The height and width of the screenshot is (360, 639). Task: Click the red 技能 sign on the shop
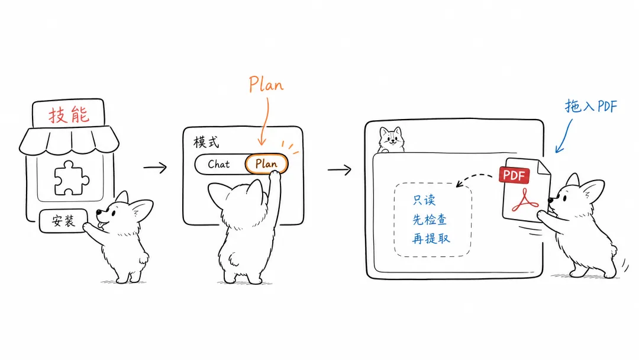click(x=69, y=115)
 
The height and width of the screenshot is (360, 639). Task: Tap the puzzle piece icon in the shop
click(x=72, y=178)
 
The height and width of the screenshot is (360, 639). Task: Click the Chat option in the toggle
click(x=219, y=164)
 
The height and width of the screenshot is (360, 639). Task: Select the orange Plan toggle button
click(x=266, y=164)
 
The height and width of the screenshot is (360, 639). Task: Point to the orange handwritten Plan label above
click(x=266, y=85)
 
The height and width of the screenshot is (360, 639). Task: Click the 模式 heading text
click(x=206, y=142)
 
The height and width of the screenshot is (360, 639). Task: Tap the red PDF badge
click(x=514, y=175)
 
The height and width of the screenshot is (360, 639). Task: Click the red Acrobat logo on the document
click(x=525, y=200)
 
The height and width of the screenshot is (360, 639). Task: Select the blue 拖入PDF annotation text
click(x=591, y=106)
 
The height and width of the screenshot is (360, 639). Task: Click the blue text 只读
click(x=424, y=200)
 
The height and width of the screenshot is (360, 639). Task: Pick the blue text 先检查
click(x=430, y=219)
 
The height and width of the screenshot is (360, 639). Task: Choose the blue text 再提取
click(x=431, y=238)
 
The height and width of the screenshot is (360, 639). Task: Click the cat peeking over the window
click(x=391, y=139)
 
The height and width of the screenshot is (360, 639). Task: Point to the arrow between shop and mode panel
click(x=155, y=167)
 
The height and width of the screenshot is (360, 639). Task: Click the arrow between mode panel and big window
click(x=339, y=169)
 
